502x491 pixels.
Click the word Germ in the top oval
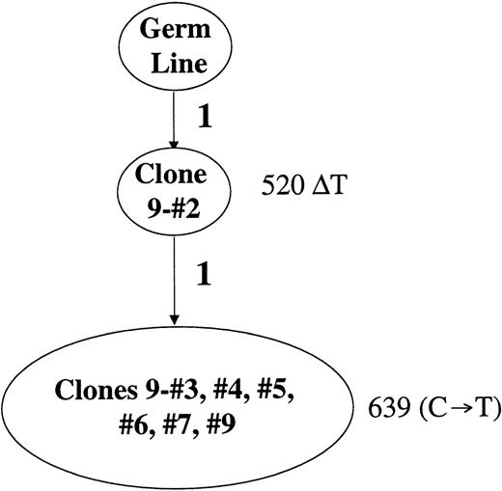coord(174,29)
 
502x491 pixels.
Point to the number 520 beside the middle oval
coord(281,183)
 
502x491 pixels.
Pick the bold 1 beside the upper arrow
coord(204,120)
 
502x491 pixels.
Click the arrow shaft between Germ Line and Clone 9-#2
coord(174,111)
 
